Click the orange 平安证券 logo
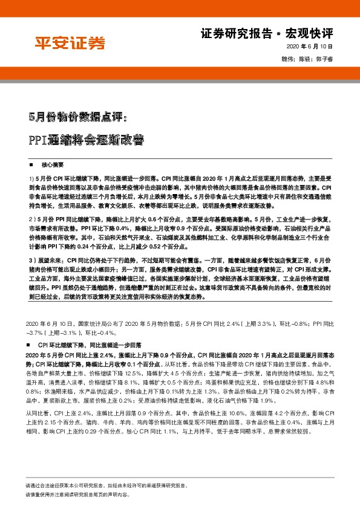point(68,42)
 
